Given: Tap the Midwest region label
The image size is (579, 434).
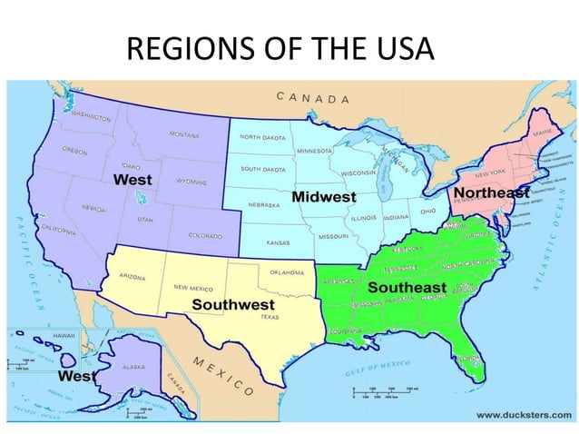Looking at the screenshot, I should (x=323, y=197).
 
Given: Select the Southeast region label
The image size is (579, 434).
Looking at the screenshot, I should (x=406, y=287).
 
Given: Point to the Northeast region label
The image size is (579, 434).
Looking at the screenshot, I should (x=491, y=193).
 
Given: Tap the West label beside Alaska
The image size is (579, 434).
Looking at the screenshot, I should (x=79, y=374).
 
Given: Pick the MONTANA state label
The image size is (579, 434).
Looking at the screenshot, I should (x=184, y=134).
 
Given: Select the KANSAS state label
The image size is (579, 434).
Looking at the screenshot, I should (x=278, y=243).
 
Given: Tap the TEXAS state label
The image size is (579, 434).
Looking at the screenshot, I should (x=270, y=318).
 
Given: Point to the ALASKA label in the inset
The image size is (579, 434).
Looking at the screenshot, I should (x=134, y=369).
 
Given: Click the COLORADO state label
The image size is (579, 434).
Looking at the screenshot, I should (x=204, y=235).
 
